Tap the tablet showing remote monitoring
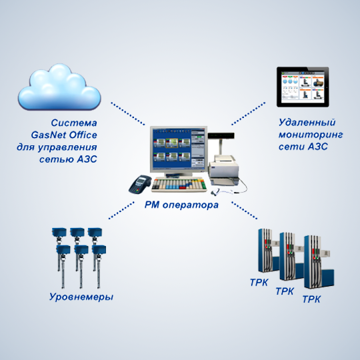tap(303, 87)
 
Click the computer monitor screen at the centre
tap(179, 149)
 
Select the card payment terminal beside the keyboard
tap(140, 184)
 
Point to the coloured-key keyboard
tap(179, 185)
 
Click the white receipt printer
tap(223, 170)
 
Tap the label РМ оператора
tap(181, 205)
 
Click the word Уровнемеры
tap(81, 297)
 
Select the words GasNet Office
tap(64, 135)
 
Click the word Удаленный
tap(307, 123)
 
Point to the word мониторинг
tap(311, 135)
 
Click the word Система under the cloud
tap(74, 123)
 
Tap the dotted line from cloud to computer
tap(128, 113)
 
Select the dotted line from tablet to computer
tap(249, 113)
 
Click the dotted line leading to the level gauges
tap(121, 210)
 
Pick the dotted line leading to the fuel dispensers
tap(244, 210)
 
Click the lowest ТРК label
tap(311, 299)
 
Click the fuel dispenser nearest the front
tap(319, 262)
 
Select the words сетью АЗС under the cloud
tap(68, 159)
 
